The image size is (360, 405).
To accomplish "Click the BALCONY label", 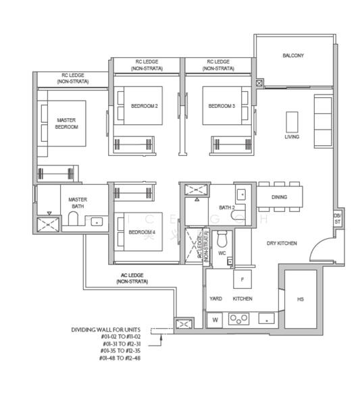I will (x=292, y=55).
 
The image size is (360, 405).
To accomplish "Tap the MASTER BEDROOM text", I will (x=66, y=123).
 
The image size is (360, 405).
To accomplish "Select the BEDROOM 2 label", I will (x=144, y=106).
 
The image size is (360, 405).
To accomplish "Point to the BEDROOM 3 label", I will (x=221, y=106).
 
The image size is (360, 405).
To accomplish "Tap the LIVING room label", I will (x=292, y=137).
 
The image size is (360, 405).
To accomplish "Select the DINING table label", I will (x=279, y=197).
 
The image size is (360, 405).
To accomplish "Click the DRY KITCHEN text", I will (x=282, y=243).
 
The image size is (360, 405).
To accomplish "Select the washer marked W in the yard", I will (x=215, y=319).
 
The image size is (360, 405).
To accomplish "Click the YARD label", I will (x=215, y=298).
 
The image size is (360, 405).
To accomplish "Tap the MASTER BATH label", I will (x=78, y=202).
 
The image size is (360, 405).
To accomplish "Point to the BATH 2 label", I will (x=226, y=207).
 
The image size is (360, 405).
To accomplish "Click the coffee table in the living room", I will (x=292, y=122).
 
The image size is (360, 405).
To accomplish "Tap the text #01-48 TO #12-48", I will (x=117, y=358).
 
